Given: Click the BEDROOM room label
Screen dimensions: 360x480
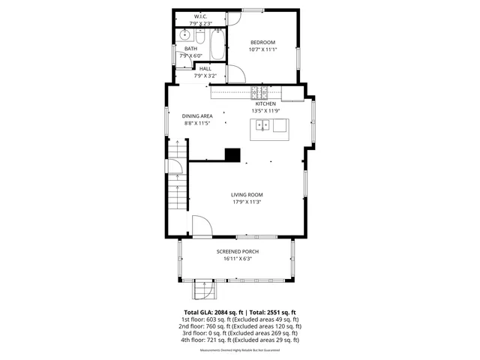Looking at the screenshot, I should pos(262,42).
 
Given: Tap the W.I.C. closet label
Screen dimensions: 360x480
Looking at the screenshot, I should pos(201,16).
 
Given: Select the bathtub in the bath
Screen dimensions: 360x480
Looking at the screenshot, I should pos(217,45).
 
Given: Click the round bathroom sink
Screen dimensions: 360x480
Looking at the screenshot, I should pos(184,34).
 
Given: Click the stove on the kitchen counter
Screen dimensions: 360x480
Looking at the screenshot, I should pos(259,93).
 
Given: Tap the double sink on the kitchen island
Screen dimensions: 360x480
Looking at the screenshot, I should pos(263,126).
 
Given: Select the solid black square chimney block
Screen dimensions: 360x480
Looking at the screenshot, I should pos(233,155).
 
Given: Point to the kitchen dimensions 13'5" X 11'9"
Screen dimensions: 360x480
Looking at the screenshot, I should pos(265,111).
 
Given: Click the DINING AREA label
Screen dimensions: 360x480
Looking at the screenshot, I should pos(197,115).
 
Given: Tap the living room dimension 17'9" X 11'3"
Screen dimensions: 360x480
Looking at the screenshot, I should pos(247,202).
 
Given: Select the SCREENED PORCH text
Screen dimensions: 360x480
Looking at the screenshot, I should pos(237,251).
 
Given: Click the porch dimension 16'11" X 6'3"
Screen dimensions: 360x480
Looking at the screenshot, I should pos(237,259).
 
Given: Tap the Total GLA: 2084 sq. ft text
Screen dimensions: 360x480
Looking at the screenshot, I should pos(210,312).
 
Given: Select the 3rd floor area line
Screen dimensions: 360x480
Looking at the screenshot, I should pos(240,333).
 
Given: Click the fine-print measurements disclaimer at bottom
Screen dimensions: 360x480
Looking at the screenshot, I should pos(240,349).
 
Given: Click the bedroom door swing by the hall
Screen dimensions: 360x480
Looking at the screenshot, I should pos(237,73).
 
